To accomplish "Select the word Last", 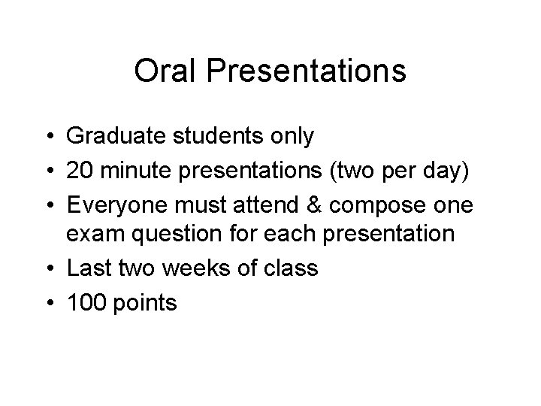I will pyautogui.click(x=86, y=268).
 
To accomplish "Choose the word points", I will pyautogui.click(x=147, y=303).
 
